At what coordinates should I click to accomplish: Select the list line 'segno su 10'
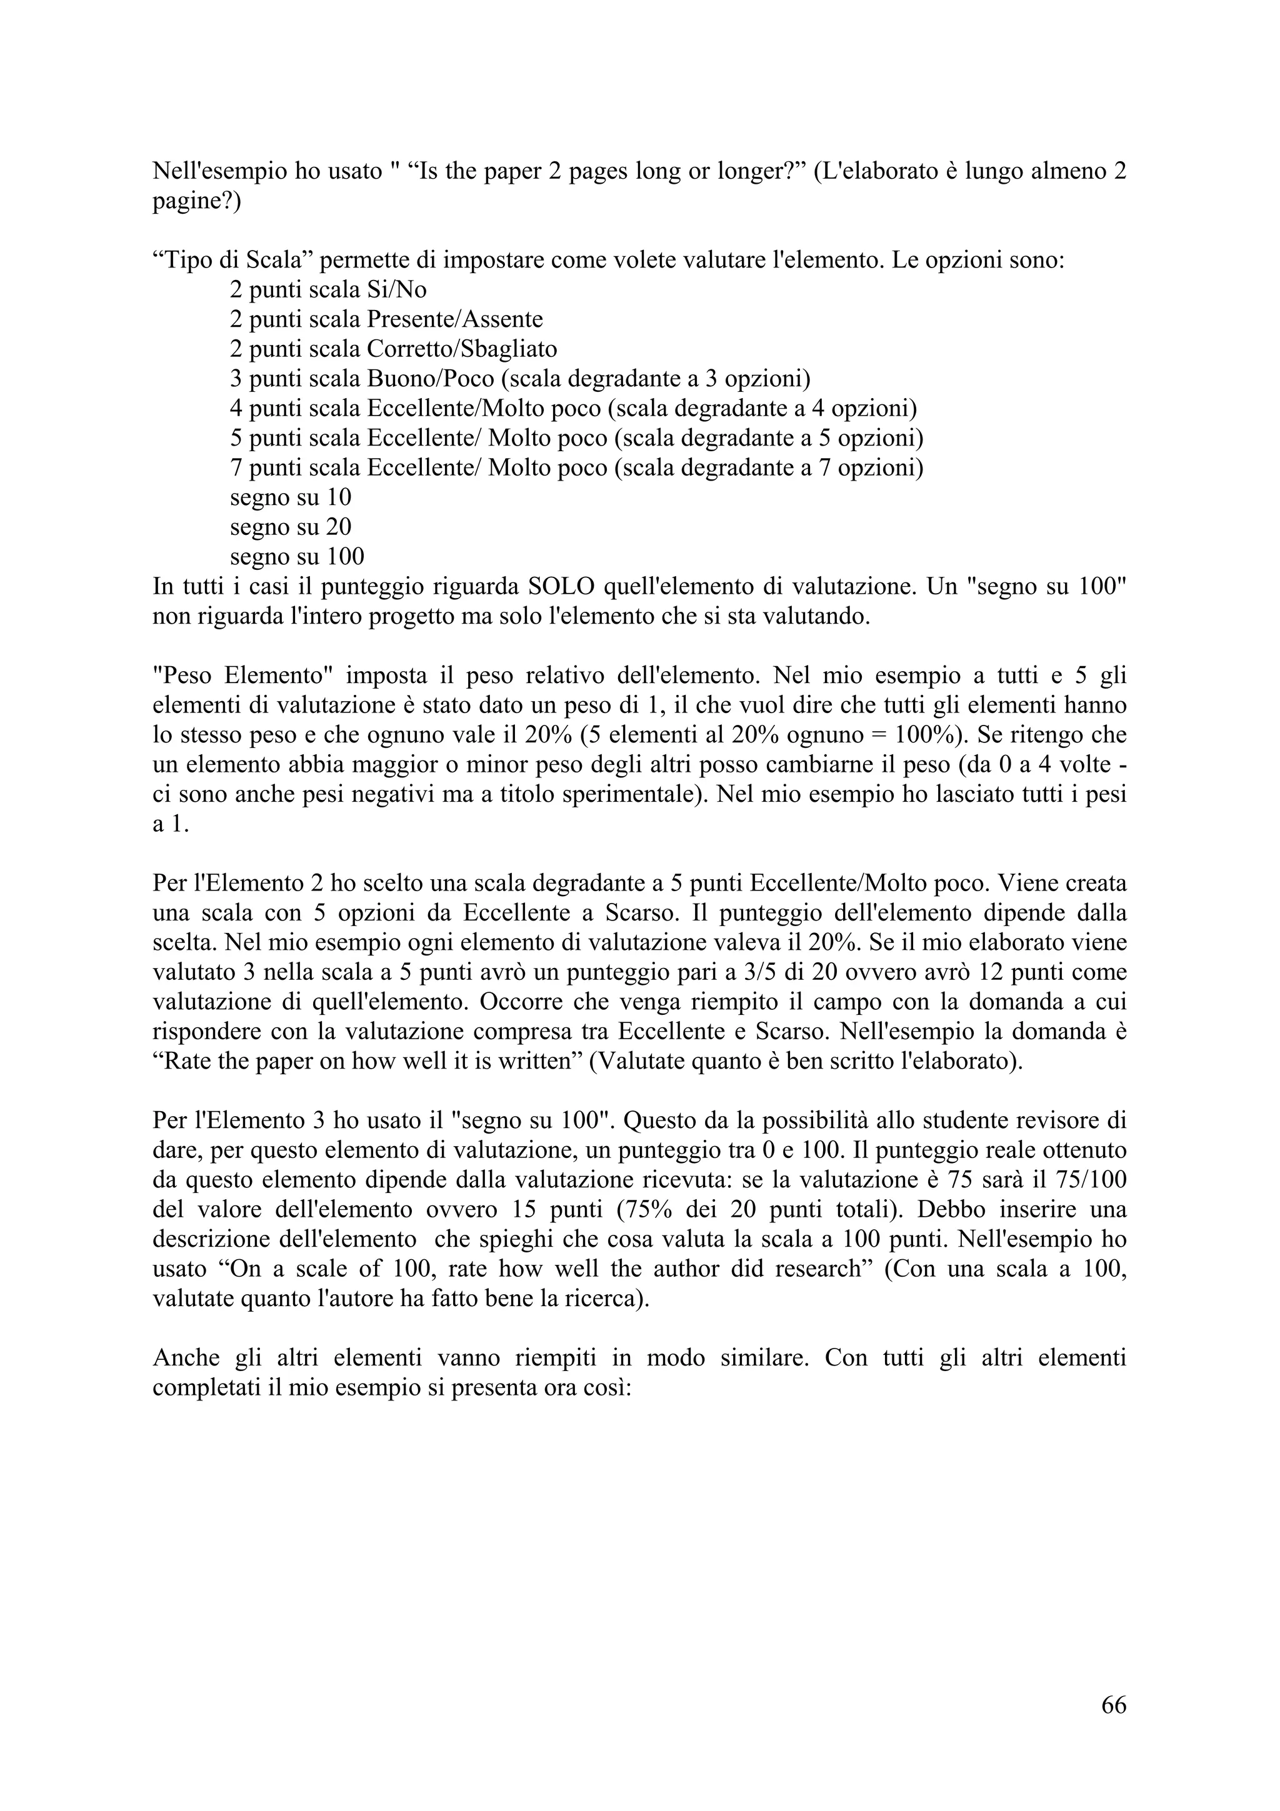coord(290,497)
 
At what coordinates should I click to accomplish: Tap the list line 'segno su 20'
coord(290,527)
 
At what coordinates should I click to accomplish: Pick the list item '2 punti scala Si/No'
coord(328,290)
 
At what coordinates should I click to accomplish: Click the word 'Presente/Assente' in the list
coord(455,319)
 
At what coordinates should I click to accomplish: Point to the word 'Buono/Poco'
coord(431,379)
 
